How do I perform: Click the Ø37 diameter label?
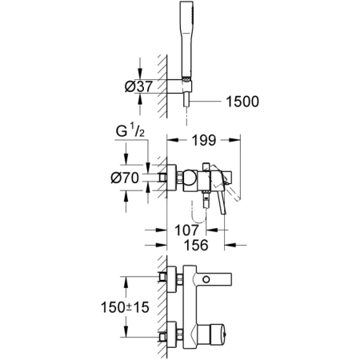(x=132, y=86)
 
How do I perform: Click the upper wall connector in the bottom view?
(x=170, y=277)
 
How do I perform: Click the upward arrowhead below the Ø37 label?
(x=142, y=99)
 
